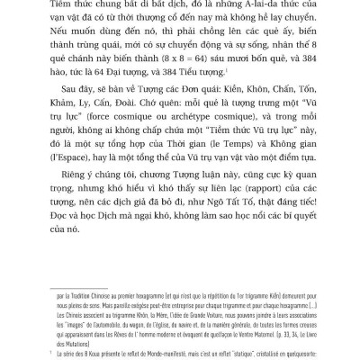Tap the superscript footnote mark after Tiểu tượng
point(285,88)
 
